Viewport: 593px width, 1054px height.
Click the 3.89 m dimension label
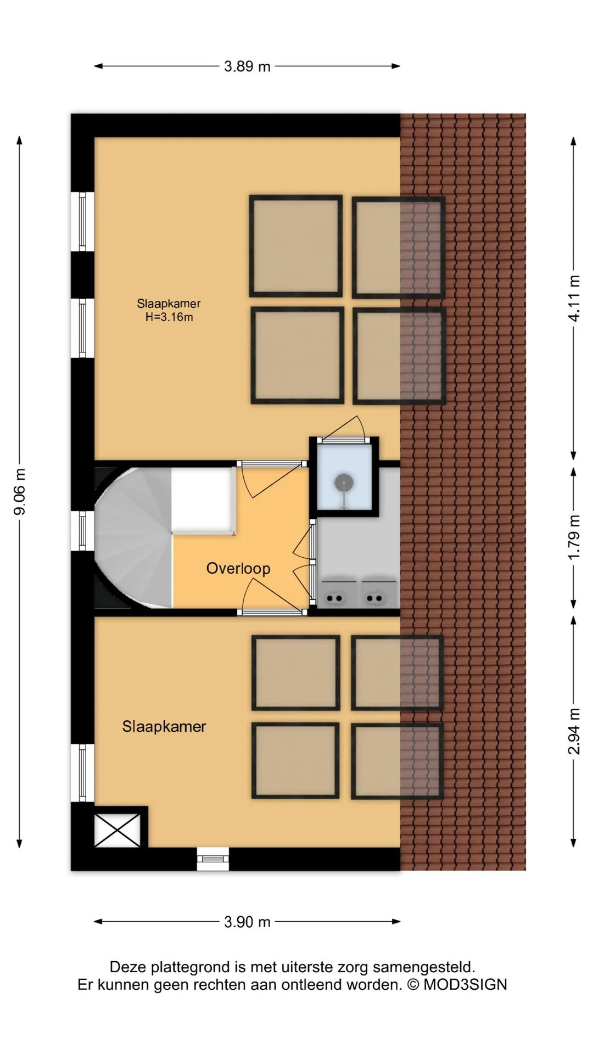coord(247,66)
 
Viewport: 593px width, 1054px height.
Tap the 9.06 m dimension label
coord(20,492)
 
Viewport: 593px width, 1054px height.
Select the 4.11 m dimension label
coord(574,298)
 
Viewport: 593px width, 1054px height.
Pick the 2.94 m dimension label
coord(574,731)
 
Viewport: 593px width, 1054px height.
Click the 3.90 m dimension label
coord(247,922)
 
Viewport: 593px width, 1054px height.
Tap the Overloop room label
coord(238,568)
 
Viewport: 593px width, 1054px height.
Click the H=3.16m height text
coord(169,317)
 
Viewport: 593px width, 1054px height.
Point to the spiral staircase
coord(133,537)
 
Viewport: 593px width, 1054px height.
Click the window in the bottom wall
coord(213,859)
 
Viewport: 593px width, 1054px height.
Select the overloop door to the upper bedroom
coord(271,479)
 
